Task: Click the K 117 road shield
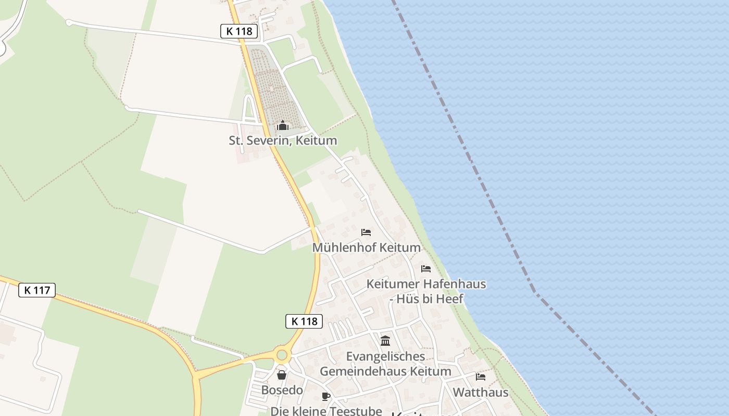(37, 290)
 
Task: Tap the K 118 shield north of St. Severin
(240, 31)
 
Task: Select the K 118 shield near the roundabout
(304, 321)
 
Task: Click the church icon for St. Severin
(283, 126)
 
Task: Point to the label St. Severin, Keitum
(283, 140)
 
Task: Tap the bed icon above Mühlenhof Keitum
(366, 232)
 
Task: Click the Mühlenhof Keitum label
(366, 248)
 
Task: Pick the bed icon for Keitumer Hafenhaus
(426, 269)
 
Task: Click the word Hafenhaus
(455, 284)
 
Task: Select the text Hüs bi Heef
(430, 299)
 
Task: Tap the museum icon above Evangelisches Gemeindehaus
(385, 341)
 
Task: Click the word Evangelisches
(385, 357)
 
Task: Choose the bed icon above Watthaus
(480, 376)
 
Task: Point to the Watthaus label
(480, 392)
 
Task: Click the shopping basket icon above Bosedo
(282, 375)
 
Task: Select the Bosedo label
(282, 390)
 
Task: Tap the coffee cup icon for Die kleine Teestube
(326, 397)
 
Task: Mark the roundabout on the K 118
(282, 355)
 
